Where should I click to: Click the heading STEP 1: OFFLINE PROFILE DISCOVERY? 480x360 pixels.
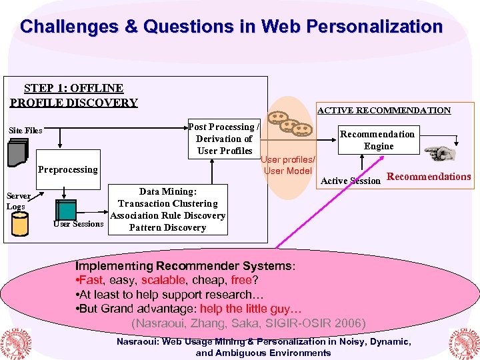[73, 95]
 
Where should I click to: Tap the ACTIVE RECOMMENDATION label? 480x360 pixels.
[383, 111]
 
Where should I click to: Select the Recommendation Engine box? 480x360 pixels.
[378, 140]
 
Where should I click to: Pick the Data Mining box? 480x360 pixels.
[168, 209]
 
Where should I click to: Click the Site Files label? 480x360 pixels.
[25, 131]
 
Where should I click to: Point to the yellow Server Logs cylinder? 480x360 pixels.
[20, 225]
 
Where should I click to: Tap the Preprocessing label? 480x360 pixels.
[67, 169]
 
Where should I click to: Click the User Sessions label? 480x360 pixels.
[79, 224]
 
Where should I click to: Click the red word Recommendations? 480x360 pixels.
[429, 177]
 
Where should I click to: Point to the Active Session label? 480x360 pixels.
[351, 181]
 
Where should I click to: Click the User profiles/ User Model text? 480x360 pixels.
[288, 165]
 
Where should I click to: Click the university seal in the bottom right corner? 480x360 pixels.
[463, 343]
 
